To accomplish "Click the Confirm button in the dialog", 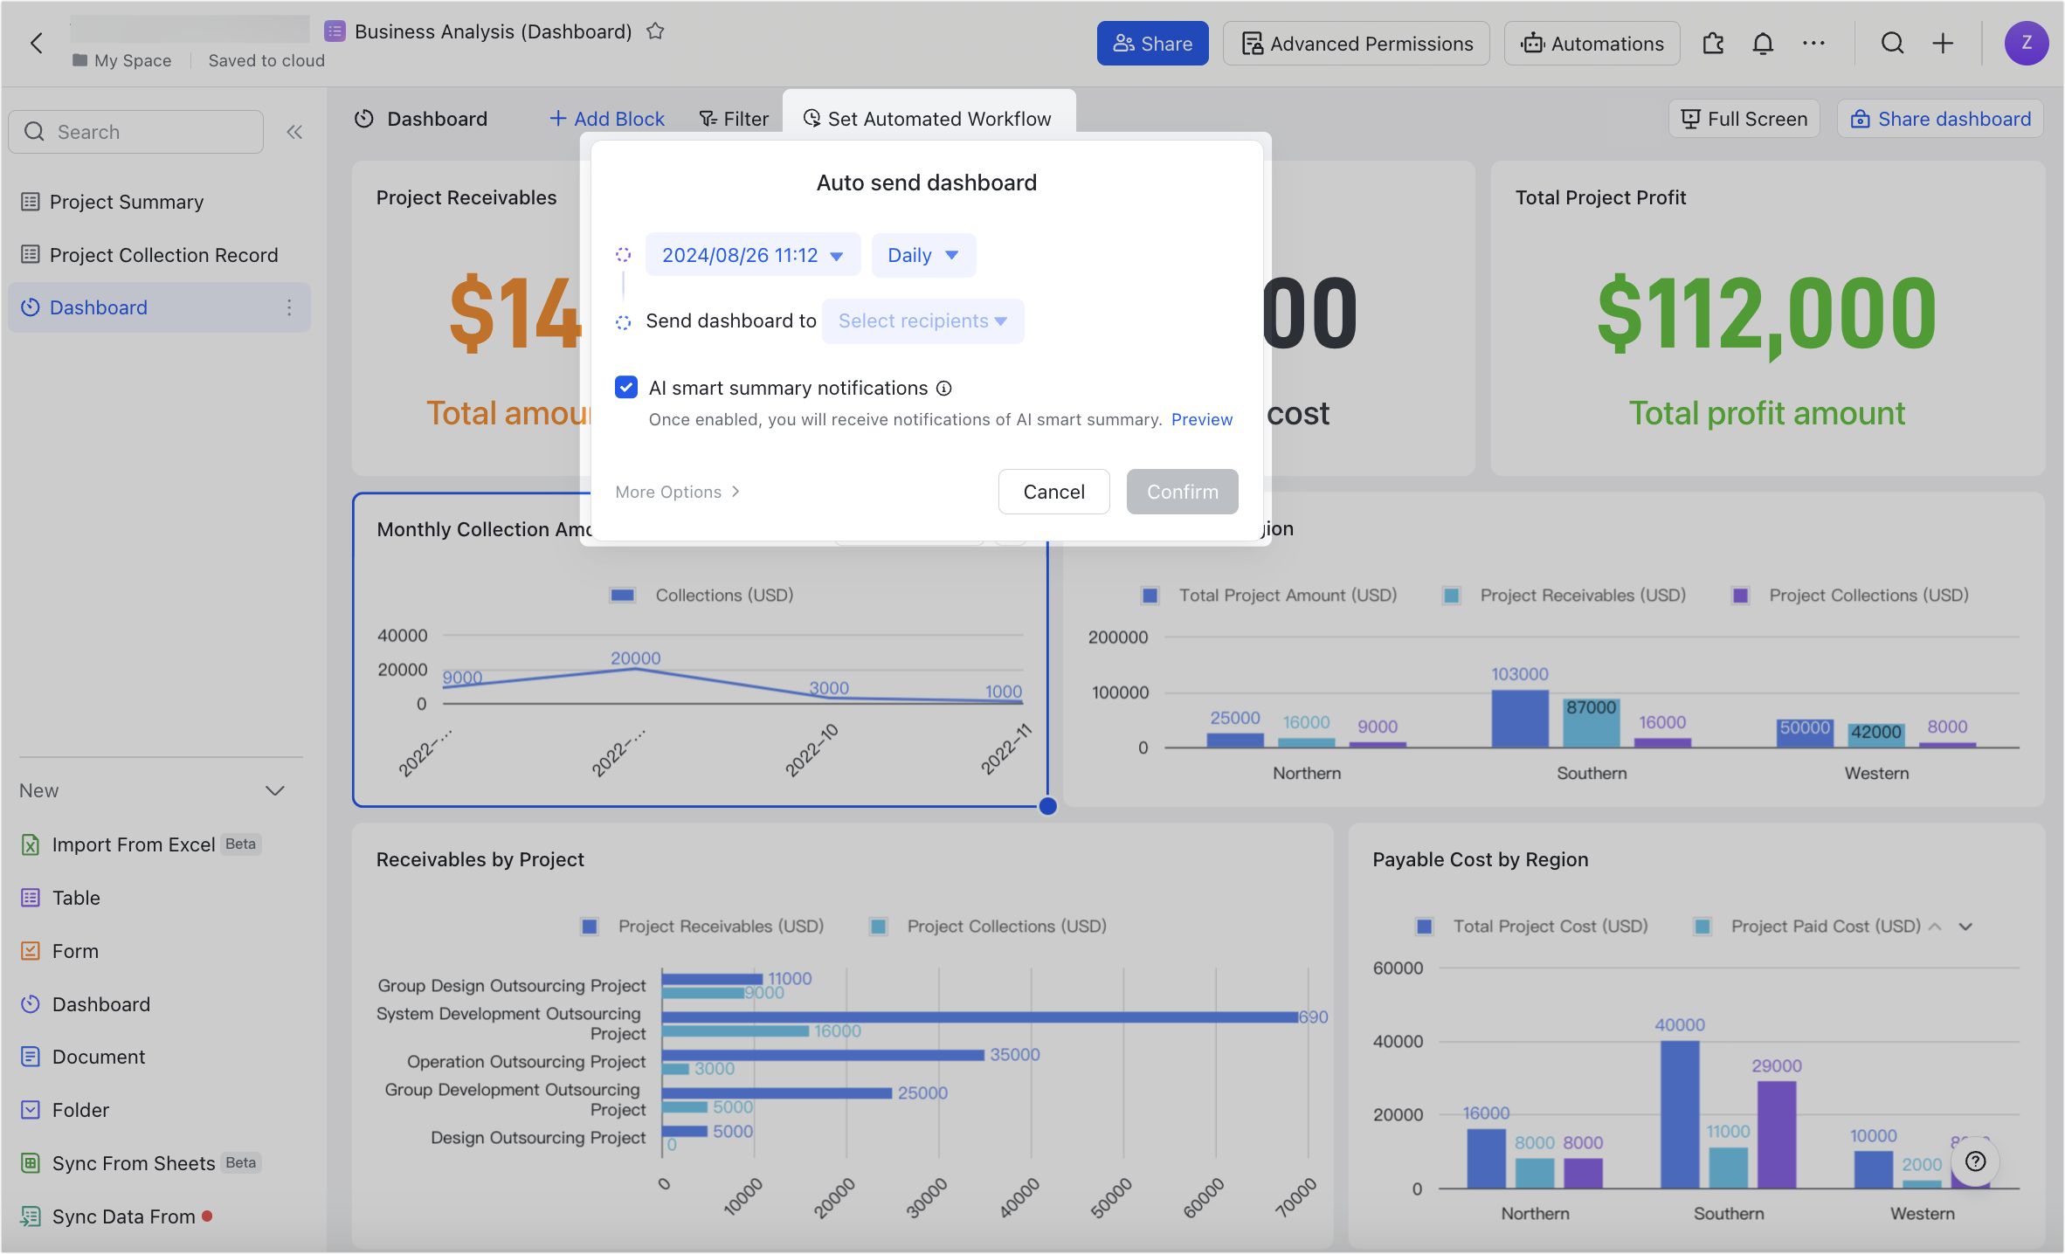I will (x=1182, y=492).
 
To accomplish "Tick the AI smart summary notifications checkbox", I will (x=626, y=387).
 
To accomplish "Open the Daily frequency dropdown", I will (x=923, y=255).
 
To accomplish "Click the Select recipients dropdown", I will (x=922, y=321).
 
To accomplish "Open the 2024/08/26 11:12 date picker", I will (x=752, y=255).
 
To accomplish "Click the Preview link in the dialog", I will (x=1201, y=419).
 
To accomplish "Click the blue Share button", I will (x=1152, y=44).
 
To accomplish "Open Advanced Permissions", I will (x=1357, y=44).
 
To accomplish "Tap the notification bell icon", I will (x=1763, y=44).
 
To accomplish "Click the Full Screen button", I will (x=1744, y=119).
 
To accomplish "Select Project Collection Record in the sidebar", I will (x=163, y=255).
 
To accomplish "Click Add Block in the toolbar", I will (x=607, y=119).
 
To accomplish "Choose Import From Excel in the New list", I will (x=133, y=844).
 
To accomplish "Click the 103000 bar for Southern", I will (x=1519, y=719).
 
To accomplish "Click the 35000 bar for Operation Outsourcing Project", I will (x=822, y=1055).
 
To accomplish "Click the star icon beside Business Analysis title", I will (x=655, y=31).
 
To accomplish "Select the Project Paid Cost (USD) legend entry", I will (x=1825, y=926).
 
